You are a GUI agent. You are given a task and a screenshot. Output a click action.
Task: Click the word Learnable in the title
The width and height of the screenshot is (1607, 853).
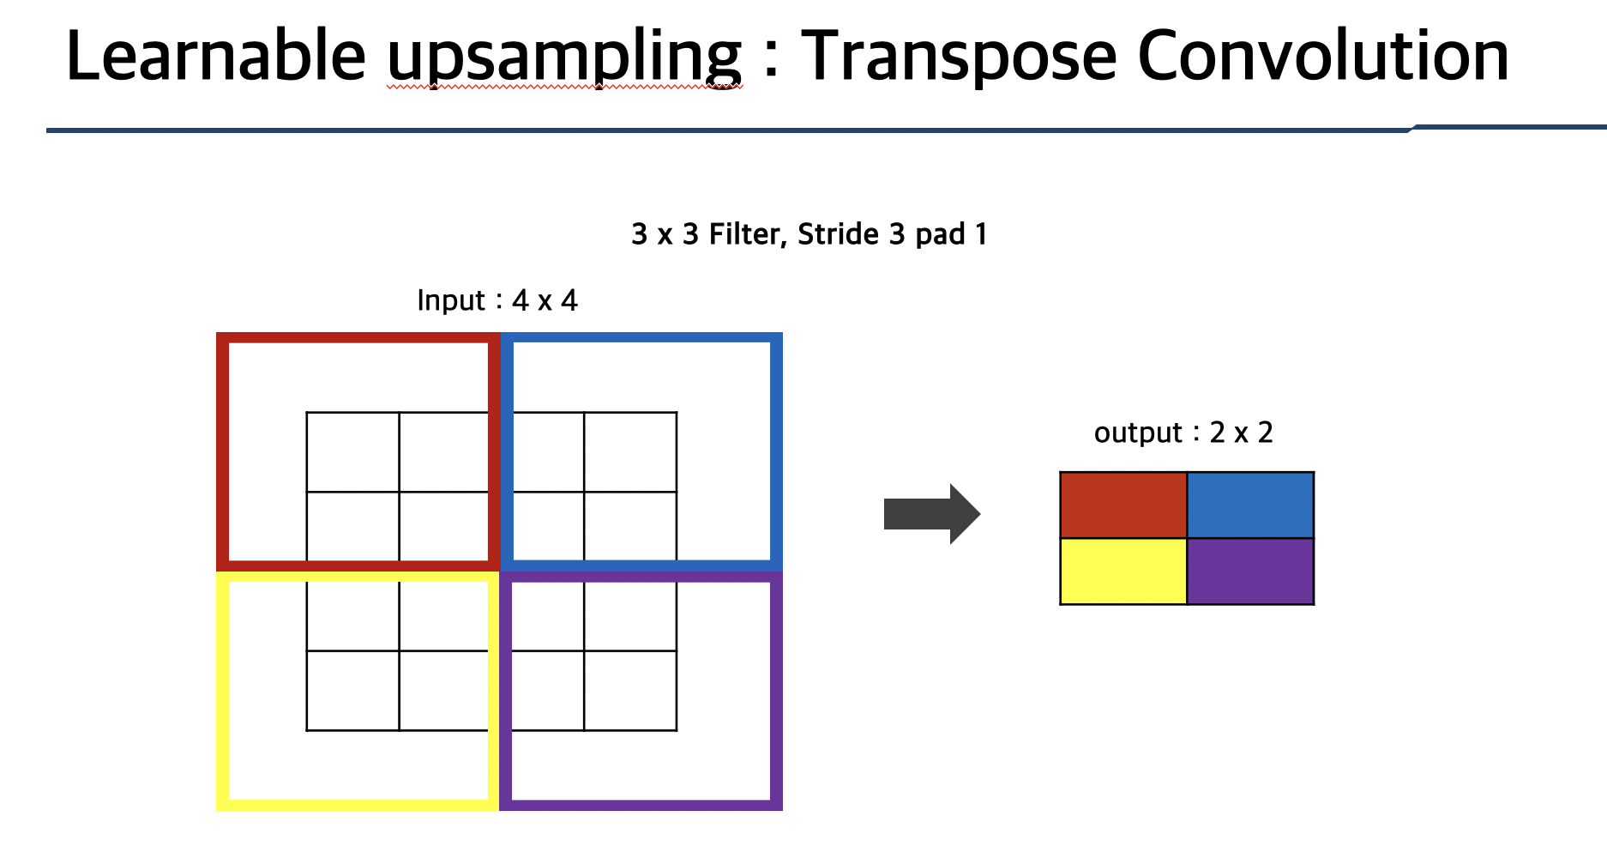coord(215,57)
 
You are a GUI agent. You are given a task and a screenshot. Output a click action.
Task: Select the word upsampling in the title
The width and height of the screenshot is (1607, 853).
coord(563,57)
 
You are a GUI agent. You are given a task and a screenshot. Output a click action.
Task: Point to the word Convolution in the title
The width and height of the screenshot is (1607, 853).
coord(1322,57)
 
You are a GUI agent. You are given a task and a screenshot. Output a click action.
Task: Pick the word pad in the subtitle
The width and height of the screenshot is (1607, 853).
coord(940,234)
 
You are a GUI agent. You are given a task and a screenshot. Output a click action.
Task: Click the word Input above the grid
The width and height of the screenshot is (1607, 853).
coord(451,300)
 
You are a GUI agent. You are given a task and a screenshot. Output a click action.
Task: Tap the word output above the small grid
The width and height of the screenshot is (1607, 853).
coord(1138,433)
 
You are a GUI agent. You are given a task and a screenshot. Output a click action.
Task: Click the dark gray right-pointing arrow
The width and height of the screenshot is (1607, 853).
coord(931,514)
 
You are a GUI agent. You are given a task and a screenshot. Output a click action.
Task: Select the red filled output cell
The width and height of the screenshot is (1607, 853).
coord(1123,505)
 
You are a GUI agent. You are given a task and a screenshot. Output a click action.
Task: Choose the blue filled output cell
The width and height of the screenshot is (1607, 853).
coord(1250,505)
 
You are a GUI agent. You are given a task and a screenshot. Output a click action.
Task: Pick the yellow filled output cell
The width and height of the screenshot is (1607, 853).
coord(1123,572)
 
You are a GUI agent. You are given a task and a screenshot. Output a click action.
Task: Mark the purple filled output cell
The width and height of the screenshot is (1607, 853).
coord(1250,572)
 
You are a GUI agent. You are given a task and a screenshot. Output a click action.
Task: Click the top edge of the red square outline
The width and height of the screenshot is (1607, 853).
coord(358,338)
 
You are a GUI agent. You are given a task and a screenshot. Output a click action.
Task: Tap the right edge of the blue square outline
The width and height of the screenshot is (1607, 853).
coord(776,451)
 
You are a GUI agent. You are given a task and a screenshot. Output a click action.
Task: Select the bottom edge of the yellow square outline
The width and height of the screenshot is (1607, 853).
coord(358,804)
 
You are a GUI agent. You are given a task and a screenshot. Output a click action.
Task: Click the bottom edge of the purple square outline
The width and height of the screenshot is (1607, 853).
coord(641,804)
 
